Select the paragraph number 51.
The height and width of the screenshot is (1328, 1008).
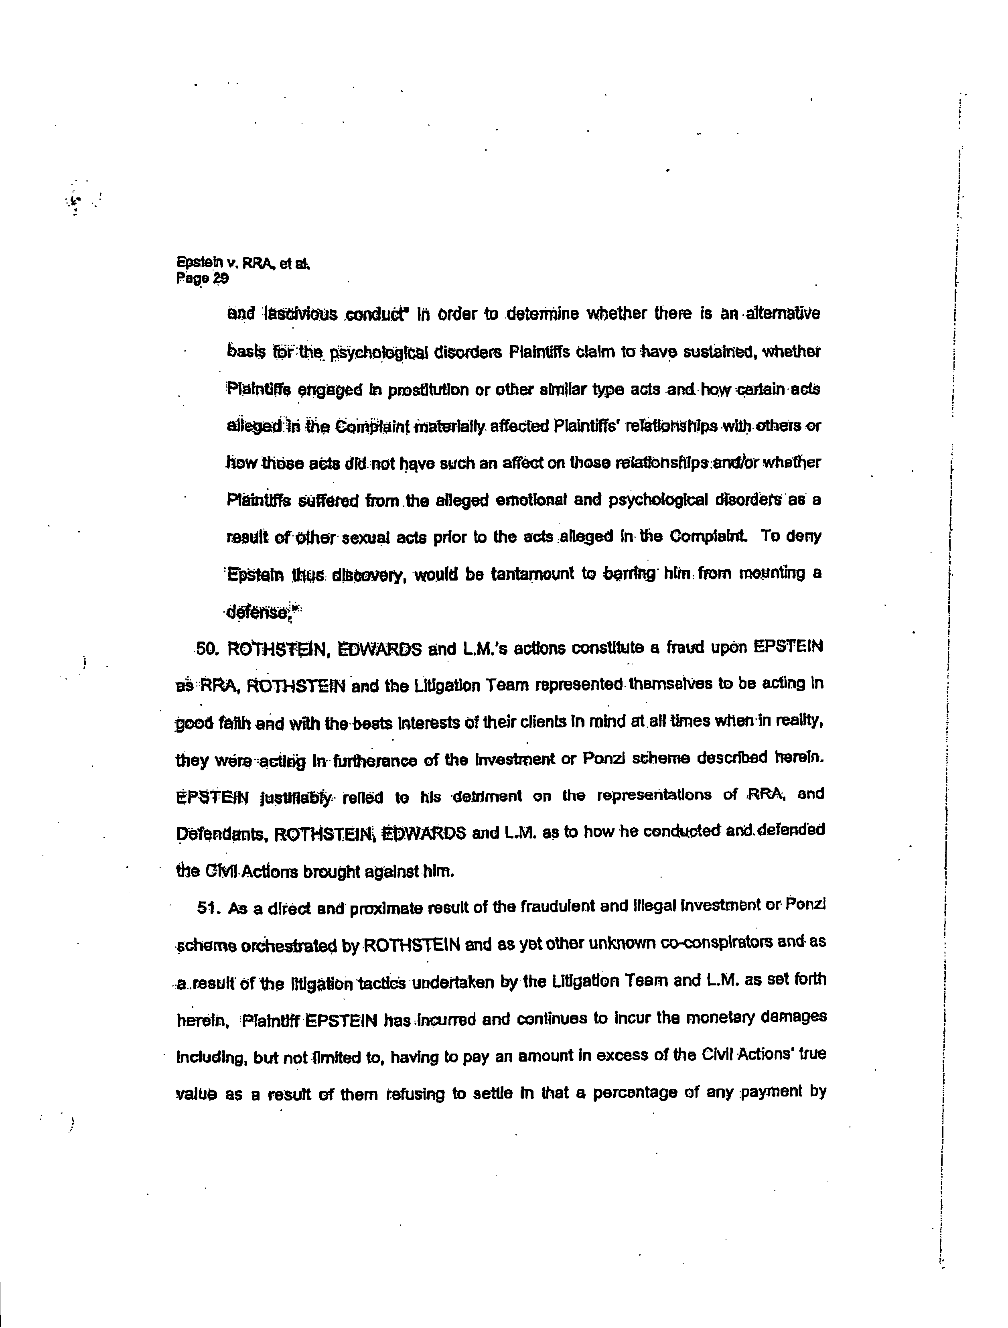pyautogui.click(x=206, y=908)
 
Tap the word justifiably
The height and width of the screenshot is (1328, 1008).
pyautogui.click(x=294, y=798)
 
